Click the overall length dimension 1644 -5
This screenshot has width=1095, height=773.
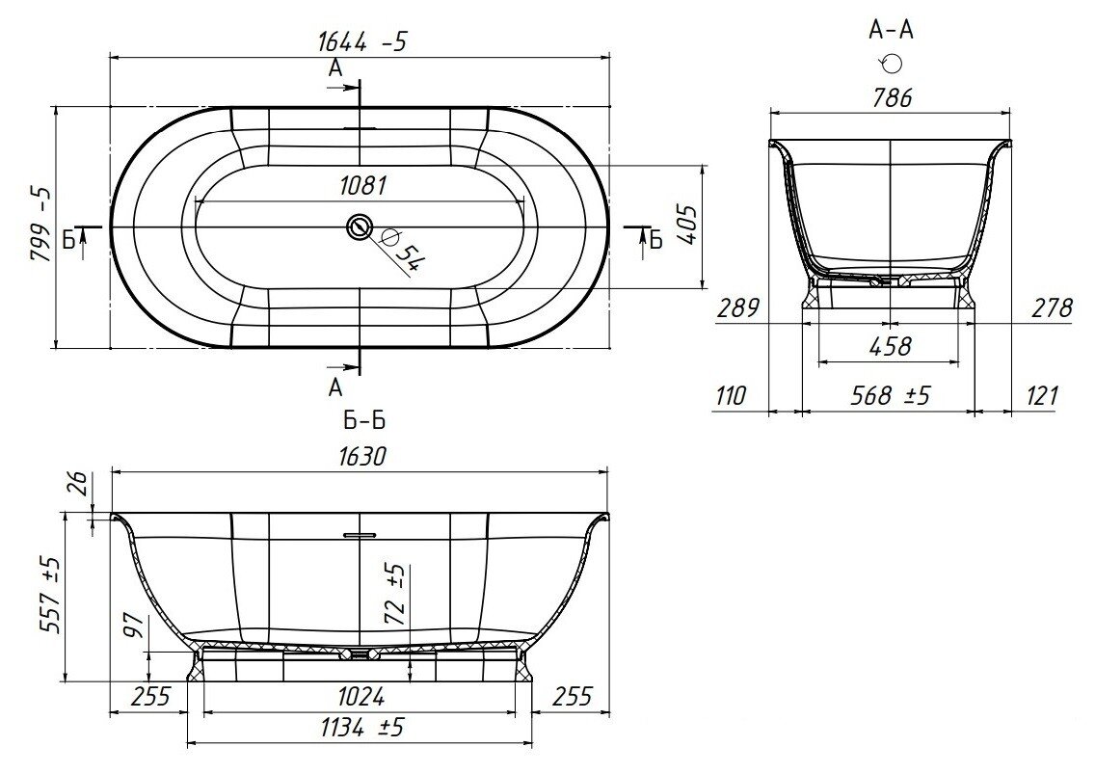(361, 42)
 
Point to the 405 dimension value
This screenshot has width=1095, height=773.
(688, 225)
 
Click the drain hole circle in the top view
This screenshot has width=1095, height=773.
(360, 227)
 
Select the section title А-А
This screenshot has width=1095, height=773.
(891, 30)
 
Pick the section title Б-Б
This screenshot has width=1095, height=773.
(364, 420)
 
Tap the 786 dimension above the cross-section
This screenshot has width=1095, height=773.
(892, 97)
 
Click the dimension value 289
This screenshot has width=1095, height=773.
(737, 307)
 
